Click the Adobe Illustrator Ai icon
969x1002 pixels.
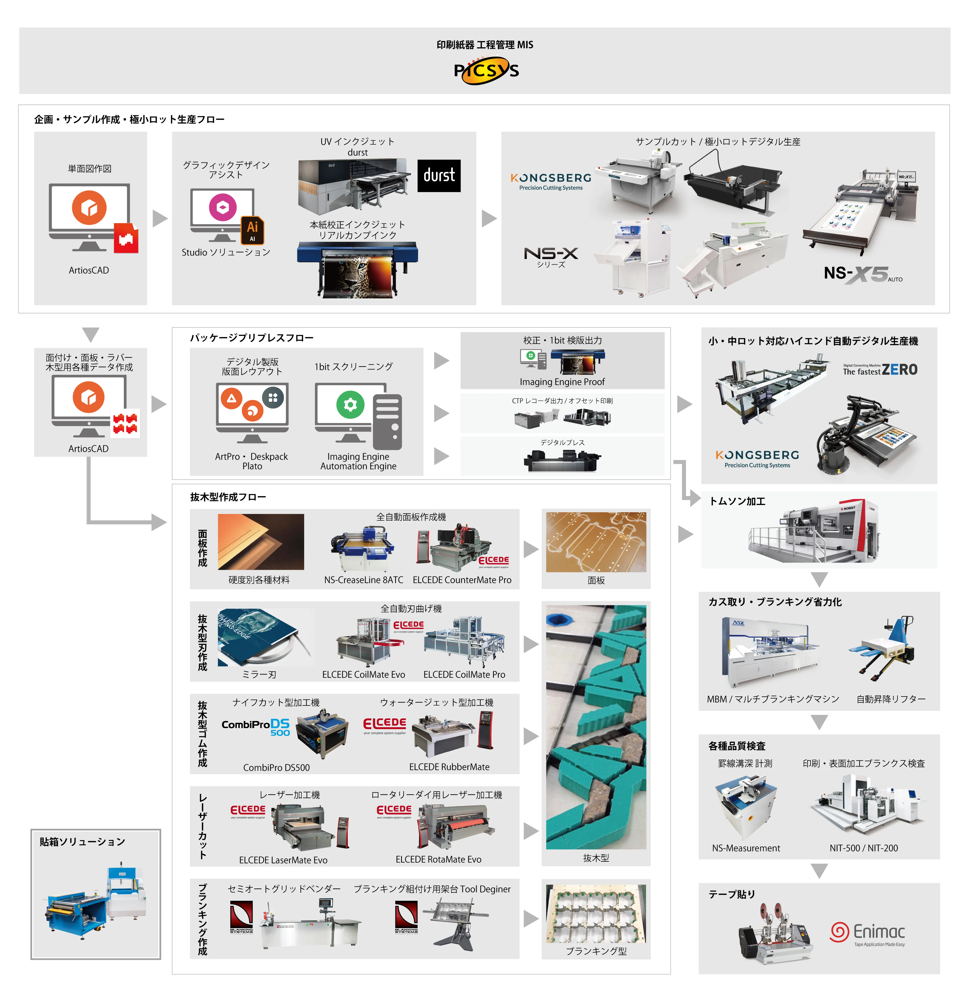point(252,229)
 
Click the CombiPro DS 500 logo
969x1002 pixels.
point(256,726)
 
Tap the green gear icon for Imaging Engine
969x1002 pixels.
point(350,405)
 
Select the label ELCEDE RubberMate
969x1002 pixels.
point(449,767)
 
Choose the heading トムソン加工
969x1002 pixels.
point(737,501)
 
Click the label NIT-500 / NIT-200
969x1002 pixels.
point(864,848)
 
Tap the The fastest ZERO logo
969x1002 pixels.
point(880,370)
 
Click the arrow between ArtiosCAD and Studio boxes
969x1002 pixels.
point(160,218)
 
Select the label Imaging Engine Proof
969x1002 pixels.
point(562,382)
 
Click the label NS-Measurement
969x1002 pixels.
point(746,848)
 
